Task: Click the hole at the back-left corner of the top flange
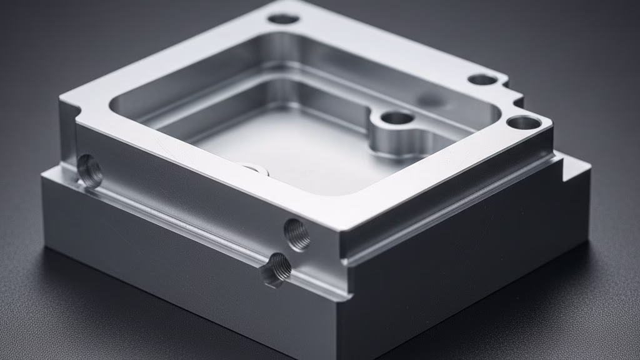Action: [x=283, y=19]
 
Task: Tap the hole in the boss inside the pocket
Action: [x=397, y=117]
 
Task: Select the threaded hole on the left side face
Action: [x=89, y=171]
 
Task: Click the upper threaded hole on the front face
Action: [x=297, y=234]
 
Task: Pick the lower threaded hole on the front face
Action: [x=276, y=269]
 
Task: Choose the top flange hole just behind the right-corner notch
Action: [x=483, y=80]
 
